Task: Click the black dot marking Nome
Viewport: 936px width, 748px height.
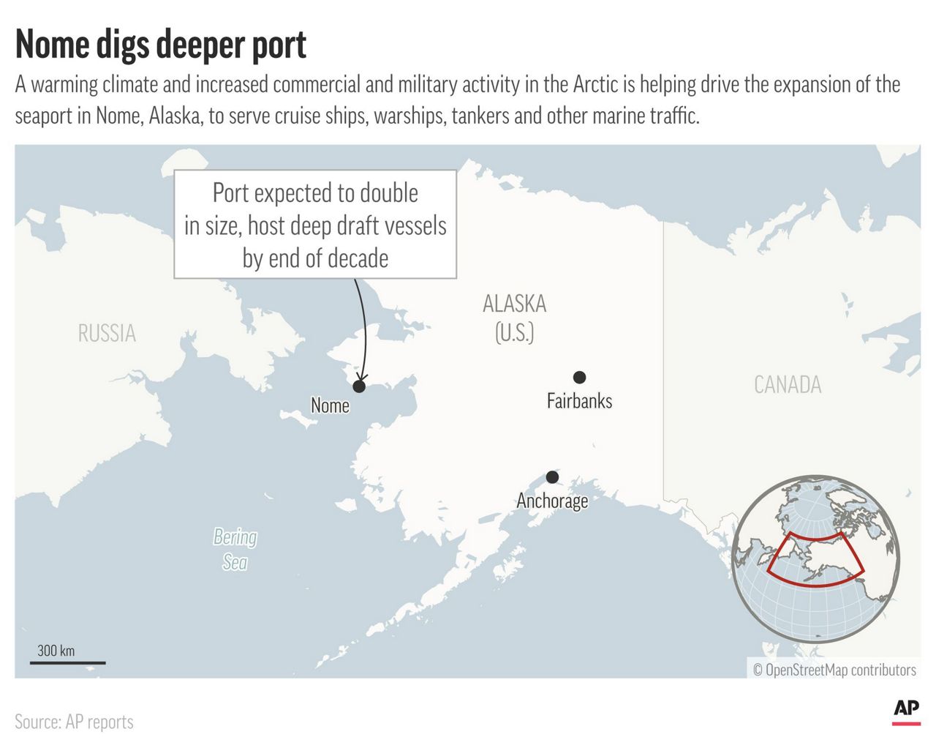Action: (359, 386)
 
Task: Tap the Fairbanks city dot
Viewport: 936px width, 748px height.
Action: (579, 378)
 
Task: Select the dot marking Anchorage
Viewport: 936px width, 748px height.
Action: (552, 477)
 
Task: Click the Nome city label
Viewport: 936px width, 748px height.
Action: (330, 405)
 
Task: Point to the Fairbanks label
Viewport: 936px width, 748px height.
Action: (579, 401)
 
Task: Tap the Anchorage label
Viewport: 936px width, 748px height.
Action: (552, 501)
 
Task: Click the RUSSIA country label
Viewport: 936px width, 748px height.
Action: (107, 334)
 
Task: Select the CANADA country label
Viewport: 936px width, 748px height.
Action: (788, 385)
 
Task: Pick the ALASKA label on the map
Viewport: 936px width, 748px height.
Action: (515, 304)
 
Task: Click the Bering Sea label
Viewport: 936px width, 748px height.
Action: (235, 549)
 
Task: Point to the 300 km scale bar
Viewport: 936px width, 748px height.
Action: (67, 662)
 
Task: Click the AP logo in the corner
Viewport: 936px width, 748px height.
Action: (906, 710)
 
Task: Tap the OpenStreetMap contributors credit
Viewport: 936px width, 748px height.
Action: (834, 670)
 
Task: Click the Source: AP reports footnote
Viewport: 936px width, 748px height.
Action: (74, 722)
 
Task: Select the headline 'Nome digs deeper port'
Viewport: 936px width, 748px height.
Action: (161, 45)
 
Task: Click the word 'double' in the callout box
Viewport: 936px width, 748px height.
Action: (390, 193)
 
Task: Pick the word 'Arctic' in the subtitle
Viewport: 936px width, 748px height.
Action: (595, 85)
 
